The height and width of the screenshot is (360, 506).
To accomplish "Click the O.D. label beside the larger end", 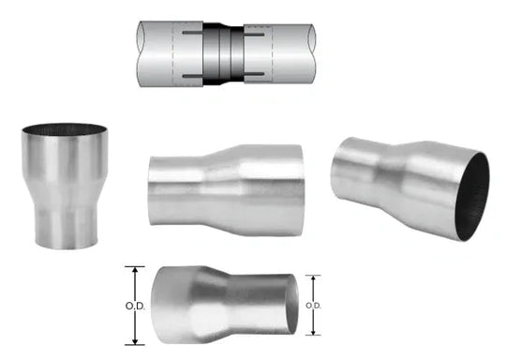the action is tap(135, 306).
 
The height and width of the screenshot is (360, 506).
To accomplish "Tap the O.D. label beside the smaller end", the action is tap(313, 305).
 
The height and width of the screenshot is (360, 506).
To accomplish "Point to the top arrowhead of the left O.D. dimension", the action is tap(135, 271).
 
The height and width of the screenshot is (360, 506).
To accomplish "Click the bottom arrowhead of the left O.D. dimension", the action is tap(135, 340).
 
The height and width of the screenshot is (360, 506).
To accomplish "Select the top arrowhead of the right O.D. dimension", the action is tap(313, 279).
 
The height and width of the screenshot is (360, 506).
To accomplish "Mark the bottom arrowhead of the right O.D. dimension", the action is tap(313, 331).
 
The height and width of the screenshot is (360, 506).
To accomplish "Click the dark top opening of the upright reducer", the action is tap(65, 128).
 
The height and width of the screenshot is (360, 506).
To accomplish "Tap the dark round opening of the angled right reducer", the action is tap(473, 197).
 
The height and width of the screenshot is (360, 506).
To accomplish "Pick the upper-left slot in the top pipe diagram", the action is tap(192, 33).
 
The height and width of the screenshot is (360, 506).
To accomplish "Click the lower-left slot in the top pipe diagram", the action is tap(192, 76).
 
